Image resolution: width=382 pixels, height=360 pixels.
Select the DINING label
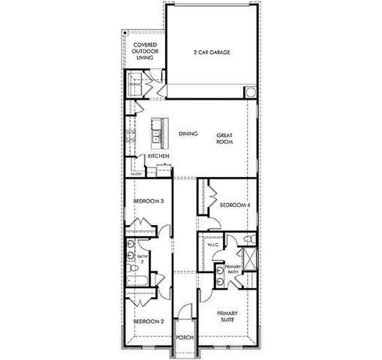tap(188, 134)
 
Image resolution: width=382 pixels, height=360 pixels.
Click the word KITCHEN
tap(158, 155)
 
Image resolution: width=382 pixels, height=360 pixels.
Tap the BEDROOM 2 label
tap(149, 321)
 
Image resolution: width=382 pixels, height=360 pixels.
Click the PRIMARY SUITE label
tap(227, 316)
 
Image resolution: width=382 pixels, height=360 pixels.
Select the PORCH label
tap(184, 337)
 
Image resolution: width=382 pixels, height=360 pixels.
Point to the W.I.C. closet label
tap(212, 244)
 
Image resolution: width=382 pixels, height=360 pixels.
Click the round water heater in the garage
tap(250, 91)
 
